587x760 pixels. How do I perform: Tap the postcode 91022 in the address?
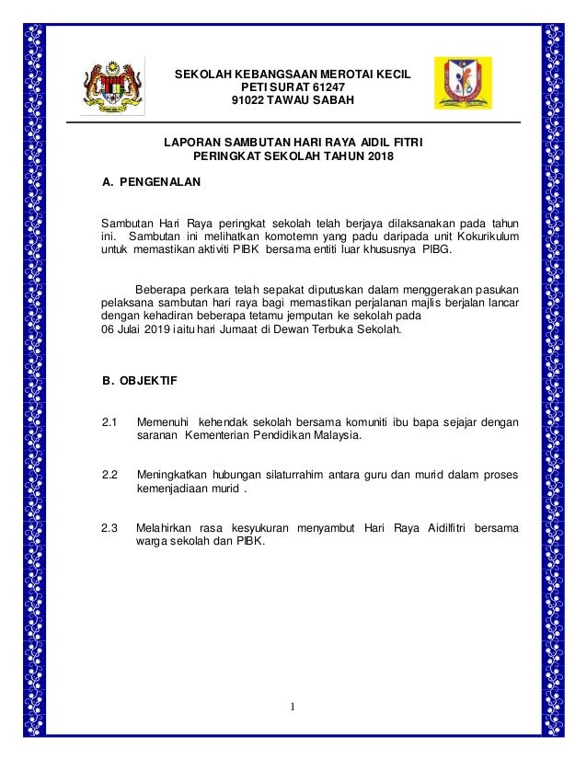tap(246, 100)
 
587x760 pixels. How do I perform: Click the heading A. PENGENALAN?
tap(150, 181)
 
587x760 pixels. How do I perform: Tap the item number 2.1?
tap(110, 422)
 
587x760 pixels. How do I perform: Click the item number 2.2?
tap(110, 475)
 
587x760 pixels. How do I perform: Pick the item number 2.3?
tap(110, 528)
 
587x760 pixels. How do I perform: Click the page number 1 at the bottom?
tap(293, 707)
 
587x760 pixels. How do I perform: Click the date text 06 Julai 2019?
tap(139, 330)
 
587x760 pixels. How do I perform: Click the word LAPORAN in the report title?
tap(192, 144)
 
